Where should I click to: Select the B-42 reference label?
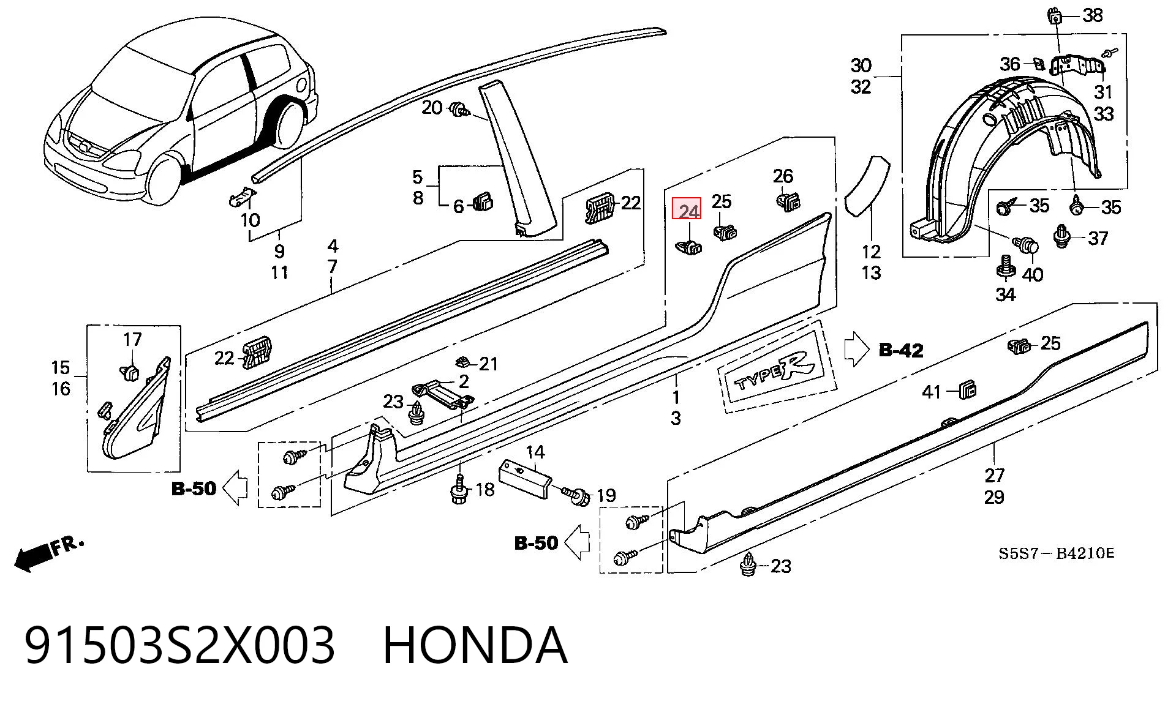tap(900, 350)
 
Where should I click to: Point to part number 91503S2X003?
tap(180, 645)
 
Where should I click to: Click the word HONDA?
tap(475, 645)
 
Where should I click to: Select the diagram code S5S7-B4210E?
tap(1056, 554)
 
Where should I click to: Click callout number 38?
tap(1092, 15)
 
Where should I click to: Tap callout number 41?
tap(932, 392)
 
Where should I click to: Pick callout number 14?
tap(535, 452)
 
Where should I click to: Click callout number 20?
tap(432, 108)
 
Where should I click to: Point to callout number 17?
tap(132, 339)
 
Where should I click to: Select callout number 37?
tap(1098, 238)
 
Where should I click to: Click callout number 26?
tap(783, 176)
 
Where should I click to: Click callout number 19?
tap(606, 495)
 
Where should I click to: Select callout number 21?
tap(488, 364)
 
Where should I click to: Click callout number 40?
tap(1033, 274)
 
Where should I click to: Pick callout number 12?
tap(871, 251)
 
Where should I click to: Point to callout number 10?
tap(250, 220)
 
